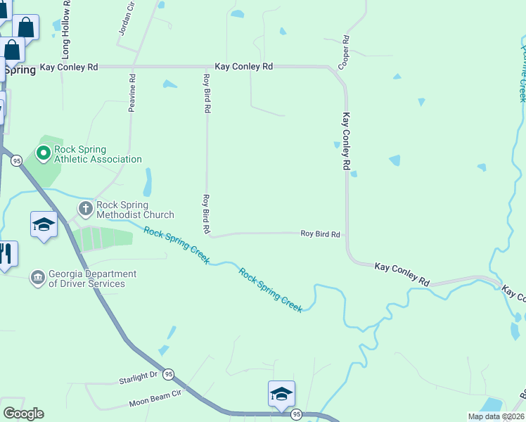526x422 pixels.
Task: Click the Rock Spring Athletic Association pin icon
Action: click(43, 152)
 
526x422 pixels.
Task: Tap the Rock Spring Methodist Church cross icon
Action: click(86, 208)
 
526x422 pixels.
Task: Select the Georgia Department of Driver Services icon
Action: click(37, 278)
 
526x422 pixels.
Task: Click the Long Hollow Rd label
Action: click(66, 30)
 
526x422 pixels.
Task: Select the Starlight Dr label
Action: click(138, 376)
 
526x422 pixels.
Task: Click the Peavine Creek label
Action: click(522, 74)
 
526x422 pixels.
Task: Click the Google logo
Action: click(23, 414)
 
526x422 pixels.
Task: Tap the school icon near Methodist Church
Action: click(44, 224)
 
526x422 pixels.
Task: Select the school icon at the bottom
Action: click(281, 394)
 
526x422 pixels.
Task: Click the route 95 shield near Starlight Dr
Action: click(168, 375)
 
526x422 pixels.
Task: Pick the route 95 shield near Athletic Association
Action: click(16, 161)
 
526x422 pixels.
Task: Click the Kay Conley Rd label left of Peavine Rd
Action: click(69, 67)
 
